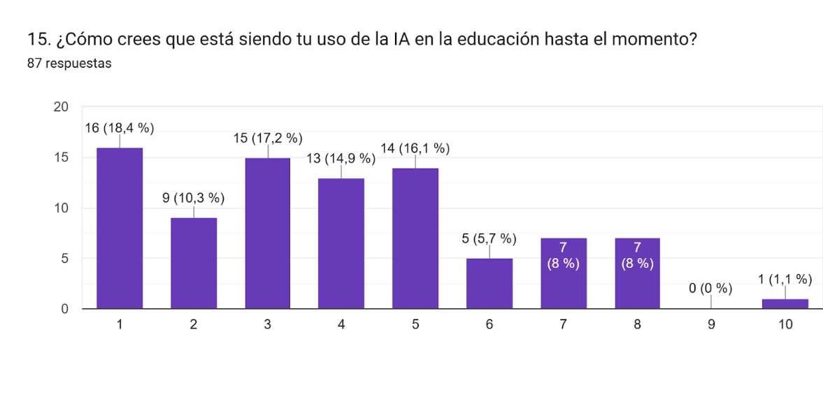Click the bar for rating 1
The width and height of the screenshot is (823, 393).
pos(120,228)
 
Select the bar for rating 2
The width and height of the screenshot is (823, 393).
pos(194,264)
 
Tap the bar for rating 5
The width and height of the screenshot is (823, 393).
pos(415,238)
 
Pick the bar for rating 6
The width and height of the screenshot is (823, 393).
pos(489,283)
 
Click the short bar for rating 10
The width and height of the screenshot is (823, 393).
pos(785,303)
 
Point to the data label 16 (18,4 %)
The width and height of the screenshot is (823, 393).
pos(119,129)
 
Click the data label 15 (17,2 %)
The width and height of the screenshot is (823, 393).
pos(268,138)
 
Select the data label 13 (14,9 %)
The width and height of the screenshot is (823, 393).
pos(341,159)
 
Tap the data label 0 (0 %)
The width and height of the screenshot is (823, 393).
pos(711,289)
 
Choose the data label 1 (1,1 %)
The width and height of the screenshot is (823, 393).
pos(785,280)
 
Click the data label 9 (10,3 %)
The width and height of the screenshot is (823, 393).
pos(194,199)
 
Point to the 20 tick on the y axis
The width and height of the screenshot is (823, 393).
pos(62,107)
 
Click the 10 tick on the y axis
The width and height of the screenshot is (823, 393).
pos(62,208)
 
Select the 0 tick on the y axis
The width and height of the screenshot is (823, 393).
pos(65,309)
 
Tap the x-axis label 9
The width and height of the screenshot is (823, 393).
pos(711,325)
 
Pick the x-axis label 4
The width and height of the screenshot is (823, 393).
pos(341,325)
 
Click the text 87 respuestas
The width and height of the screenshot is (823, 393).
pos(69,64)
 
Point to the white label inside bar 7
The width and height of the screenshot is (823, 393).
pos(563,255)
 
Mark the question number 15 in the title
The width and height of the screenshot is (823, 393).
pos(36,40)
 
